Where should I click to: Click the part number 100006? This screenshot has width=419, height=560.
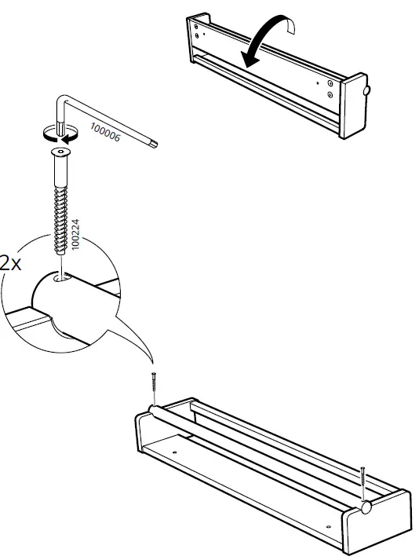(x=104, y=131)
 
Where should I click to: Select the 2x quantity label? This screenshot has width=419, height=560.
(x=10, y=262)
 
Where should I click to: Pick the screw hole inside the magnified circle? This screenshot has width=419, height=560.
(x=60, y=276)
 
